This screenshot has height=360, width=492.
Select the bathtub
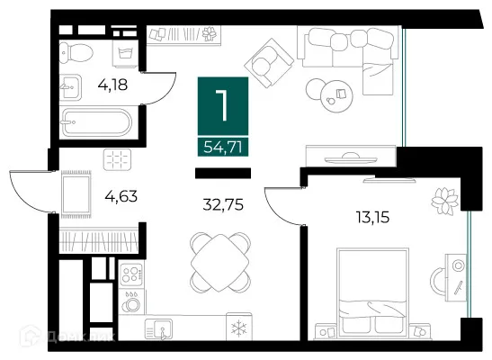95,122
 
